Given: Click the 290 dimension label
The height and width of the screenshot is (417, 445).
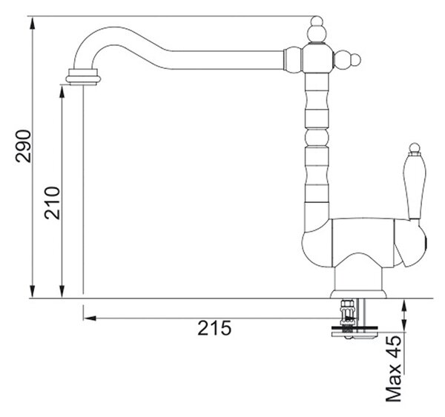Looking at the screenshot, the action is coord(23,146).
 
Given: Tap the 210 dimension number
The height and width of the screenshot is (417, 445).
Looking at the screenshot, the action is coord(52,203).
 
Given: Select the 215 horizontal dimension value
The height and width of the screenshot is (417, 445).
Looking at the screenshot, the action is coord(214,328).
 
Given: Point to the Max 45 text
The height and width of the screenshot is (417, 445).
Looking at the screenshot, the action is coord(394,369).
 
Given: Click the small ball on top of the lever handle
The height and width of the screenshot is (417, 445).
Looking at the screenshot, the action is coord(415,147).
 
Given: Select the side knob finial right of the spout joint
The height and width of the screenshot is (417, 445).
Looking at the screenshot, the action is coord(347,60).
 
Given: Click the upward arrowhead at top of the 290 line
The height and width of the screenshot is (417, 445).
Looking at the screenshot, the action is coord(33,23).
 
